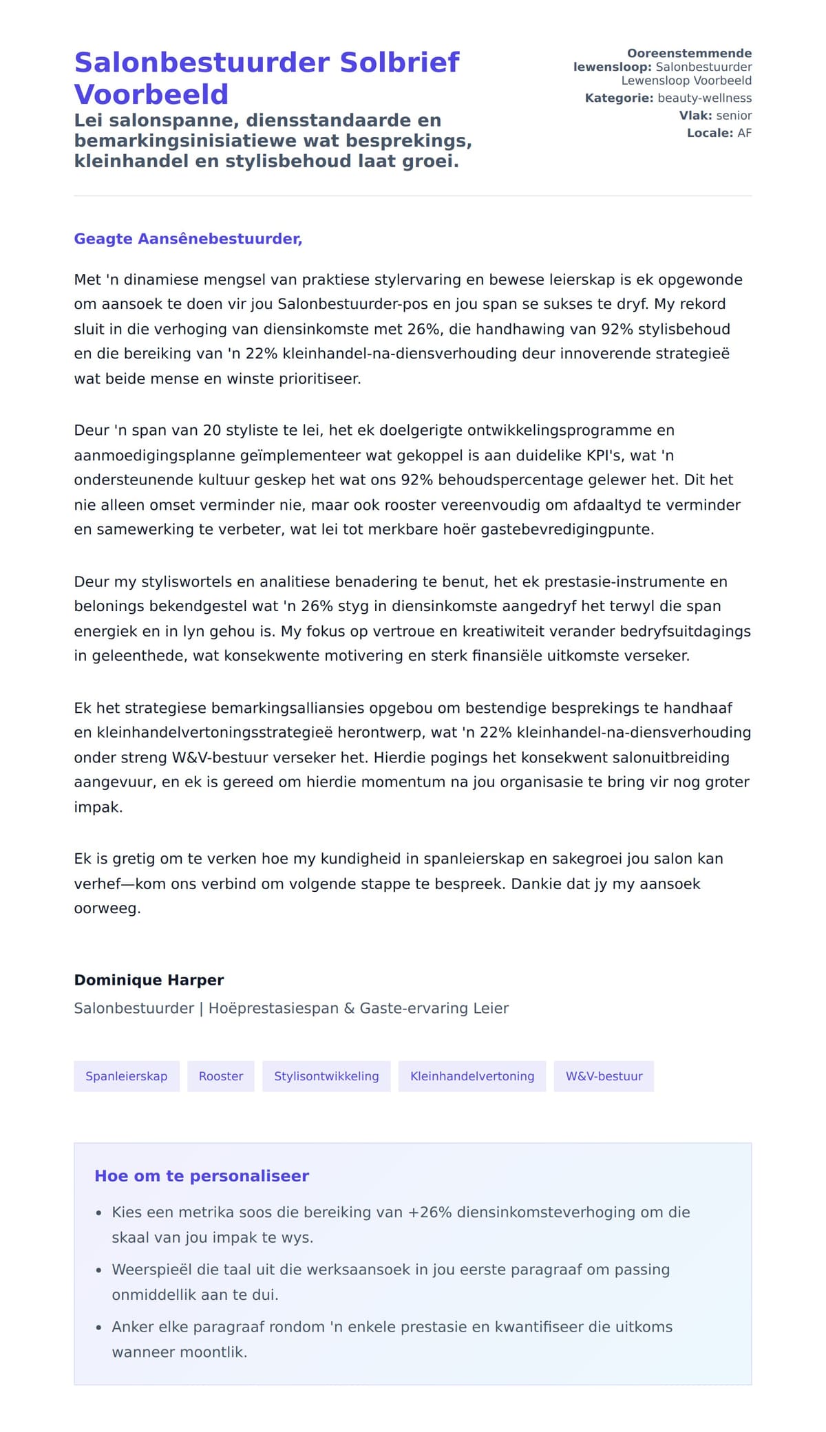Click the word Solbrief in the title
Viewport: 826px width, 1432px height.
point(399,63)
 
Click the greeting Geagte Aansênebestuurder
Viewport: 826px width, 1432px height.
point(188,239)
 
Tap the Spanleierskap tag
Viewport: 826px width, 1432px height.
point(126,1076)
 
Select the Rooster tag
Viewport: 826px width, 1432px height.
point(220,1076)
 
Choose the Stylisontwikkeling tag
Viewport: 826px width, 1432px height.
point(326,1076)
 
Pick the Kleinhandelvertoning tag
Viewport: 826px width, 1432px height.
point(472,1076)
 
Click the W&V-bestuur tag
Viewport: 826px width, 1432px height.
point(604,1076)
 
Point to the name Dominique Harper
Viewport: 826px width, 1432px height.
point(149,980)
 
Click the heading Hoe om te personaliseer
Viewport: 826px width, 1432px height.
point(202,1176)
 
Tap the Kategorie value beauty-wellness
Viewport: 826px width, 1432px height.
point(704,98)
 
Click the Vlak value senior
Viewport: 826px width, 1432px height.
point(734,116)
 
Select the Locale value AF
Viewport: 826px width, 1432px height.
point(744,133)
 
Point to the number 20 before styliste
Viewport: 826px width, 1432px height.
point(212,431)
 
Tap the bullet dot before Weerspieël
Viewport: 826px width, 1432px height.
point(99,1271)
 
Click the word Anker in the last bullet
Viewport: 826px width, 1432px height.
point(133,1327)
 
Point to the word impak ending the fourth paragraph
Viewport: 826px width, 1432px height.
point(98,807)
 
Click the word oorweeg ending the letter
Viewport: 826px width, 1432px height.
point(107,908)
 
